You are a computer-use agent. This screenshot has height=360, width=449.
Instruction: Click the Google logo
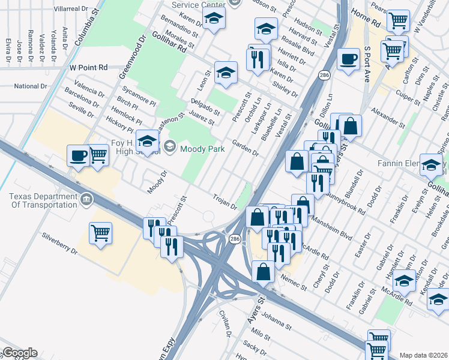point(19,353)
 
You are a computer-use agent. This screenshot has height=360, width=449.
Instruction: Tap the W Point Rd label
point(88,68)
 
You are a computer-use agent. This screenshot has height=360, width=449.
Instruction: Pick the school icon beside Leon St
point(225,73)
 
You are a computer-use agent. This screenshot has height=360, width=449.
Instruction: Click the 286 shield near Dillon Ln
point(324,75)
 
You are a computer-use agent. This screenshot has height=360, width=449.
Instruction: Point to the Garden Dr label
point(246,148)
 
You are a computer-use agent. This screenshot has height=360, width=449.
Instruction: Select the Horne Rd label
point(368,23)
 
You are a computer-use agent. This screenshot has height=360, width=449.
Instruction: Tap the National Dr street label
point(30,86)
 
